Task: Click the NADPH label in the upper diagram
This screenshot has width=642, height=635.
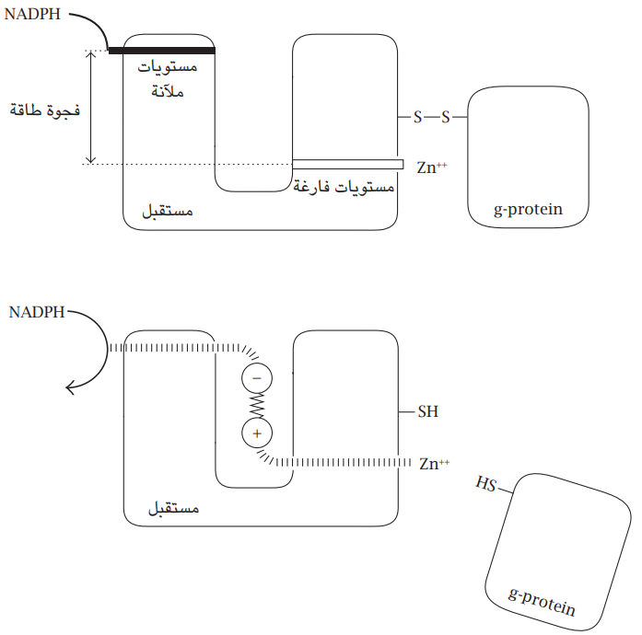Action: pos(34,17)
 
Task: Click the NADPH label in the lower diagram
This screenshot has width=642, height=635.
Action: pos(38,312)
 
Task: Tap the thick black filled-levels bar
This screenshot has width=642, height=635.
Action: pos(161,51)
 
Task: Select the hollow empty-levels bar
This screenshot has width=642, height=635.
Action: pos(347,164)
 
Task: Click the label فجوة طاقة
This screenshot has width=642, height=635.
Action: pos(44,110)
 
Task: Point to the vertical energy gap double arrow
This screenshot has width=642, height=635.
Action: pos(90,107)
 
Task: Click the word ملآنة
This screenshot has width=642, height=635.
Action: pos(167,92)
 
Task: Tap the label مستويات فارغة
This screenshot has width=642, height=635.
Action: pos(344,187)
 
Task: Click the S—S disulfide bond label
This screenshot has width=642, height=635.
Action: pos(431,117)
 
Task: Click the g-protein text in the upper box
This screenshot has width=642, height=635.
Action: pos(528,210)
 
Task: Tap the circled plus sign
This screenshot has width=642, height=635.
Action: pos(257,433)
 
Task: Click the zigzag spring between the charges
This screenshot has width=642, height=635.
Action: pos(257,405)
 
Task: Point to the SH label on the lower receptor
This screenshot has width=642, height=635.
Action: pos(428,412)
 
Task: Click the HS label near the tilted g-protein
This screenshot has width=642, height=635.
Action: pos(485,483)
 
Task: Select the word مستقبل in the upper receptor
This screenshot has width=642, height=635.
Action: pos(167,211)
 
